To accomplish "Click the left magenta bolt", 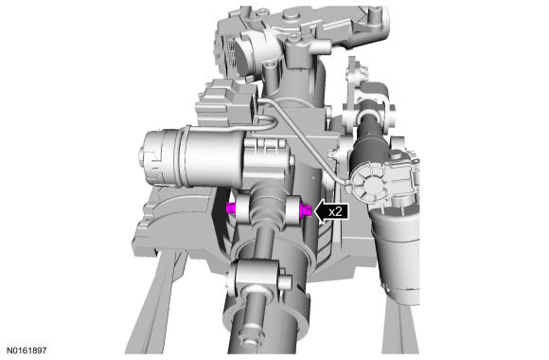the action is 232,207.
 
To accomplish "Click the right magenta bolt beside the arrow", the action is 306,210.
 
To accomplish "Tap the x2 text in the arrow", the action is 335,211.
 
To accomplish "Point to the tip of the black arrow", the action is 314,211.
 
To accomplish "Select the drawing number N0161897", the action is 27,351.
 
